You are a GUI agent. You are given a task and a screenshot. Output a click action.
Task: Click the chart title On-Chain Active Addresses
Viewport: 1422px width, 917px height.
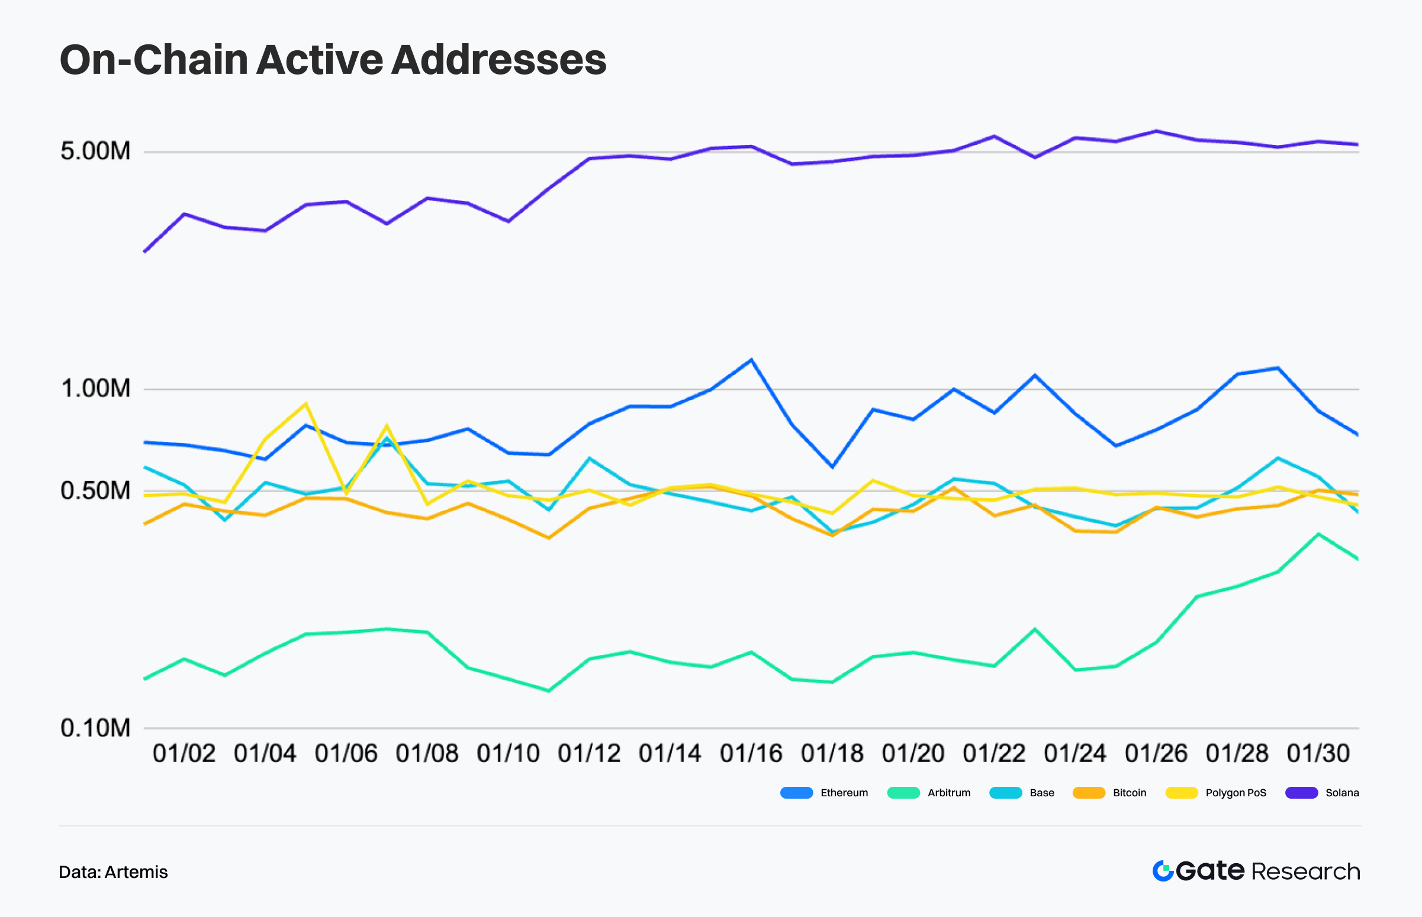[333, 60]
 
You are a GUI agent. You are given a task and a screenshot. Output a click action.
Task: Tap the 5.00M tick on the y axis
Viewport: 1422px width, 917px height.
[95, 151]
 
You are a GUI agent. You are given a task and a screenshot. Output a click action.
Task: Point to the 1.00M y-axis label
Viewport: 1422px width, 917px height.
[95, 388]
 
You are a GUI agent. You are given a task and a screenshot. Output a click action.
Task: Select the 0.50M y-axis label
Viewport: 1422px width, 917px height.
[95, 490]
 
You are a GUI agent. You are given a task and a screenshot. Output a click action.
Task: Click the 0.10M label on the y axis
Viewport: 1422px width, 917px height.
[95, 728]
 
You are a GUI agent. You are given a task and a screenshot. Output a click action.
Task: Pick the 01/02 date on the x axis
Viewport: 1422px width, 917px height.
[184, 754]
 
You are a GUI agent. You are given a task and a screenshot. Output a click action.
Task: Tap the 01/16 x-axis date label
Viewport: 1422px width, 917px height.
[751, 754]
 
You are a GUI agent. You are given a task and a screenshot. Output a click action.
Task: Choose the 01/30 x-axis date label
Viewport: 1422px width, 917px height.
[1318, 754]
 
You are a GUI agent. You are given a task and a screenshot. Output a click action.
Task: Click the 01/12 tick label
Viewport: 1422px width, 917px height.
[588, 754]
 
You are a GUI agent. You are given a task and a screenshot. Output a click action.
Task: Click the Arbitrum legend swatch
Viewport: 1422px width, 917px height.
[903, 793]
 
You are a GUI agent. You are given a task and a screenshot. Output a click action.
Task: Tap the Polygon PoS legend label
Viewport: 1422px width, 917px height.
[1236, 793]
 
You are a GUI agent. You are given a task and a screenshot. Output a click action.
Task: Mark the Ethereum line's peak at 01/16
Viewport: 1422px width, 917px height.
[751, 360]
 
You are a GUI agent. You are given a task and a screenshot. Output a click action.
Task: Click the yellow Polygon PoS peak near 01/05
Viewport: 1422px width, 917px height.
[305, 404]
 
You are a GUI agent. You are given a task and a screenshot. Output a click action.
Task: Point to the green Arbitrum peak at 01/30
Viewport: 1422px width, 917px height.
[1318, 534]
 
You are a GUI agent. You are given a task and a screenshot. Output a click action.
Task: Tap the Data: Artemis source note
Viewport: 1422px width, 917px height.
[113, 872]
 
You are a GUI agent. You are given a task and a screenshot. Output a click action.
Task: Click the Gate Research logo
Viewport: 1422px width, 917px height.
[1256, 871]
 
